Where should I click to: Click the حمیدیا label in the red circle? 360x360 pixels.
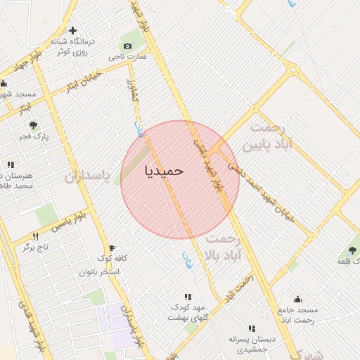[x=164, y=171]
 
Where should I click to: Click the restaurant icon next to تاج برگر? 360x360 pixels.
[x=36, y=236]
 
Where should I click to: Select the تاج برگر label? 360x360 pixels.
[x=34, y=247]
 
